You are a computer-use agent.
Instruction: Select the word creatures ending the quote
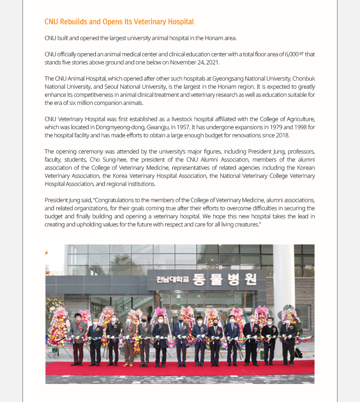point(246,224)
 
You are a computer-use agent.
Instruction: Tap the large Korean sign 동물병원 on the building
point(225,280)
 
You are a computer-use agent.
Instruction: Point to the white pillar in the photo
point(283,279)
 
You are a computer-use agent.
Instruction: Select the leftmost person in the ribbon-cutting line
point(78,338)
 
